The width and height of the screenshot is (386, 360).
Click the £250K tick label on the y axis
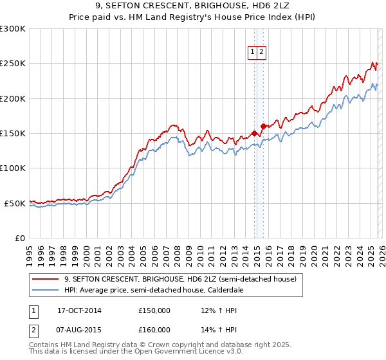coord(12,64)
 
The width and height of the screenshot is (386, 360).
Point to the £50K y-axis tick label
coord(14,203)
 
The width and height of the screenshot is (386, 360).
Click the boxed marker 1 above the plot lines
coord(252,53)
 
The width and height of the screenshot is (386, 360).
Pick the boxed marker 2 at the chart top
coord(262,53)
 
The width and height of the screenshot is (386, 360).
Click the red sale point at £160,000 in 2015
coord(263,126)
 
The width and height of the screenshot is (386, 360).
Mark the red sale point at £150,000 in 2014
coord(254,133)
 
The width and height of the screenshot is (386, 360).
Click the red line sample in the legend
coord(46,280)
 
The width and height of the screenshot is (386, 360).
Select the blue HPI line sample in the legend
coord(46,290)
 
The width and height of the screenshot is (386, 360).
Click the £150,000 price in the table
coord(154,310)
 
